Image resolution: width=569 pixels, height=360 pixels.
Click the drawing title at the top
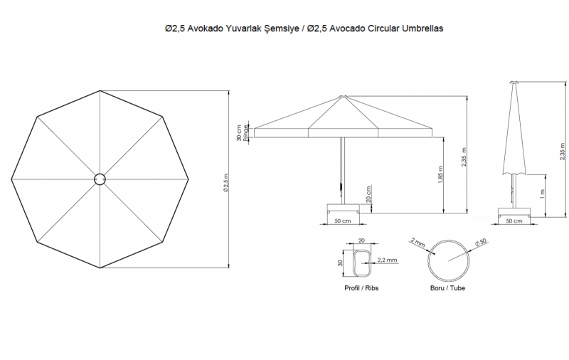click(x=304, y=28)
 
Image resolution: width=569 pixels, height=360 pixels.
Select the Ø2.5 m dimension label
click(x=226, y=183)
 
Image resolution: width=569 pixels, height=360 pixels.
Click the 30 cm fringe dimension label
click(x=243, y=133)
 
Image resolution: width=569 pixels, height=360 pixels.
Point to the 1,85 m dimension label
click(x=440, y=175)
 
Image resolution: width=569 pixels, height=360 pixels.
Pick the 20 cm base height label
click(x=368, y=194)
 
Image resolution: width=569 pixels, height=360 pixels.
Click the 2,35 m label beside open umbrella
click(x=464, y=157)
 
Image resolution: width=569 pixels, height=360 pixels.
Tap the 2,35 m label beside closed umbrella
click(x=562, y=152)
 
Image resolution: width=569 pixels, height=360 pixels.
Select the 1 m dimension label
click(x=542, y=194)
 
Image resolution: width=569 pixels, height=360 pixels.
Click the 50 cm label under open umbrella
click(x=343, y=221)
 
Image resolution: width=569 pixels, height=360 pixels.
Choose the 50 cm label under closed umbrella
click(x=514, y=221)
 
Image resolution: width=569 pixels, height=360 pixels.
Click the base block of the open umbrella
click(x=343, y=208)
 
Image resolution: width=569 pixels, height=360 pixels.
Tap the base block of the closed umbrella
click(x=514, y=213)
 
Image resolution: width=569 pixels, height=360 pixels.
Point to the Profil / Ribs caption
click(x=361, y=287)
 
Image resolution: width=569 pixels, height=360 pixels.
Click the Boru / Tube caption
click(x=447, y=287)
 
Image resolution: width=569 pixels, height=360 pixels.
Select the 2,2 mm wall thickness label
click(x=387, y=260)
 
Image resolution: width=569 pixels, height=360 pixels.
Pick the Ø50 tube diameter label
click(x=481, y=243)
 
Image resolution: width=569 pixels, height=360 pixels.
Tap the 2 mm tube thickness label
click(x=418, y=242)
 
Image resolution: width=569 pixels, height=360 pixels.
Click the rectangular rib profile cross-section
click(x=362, y=263)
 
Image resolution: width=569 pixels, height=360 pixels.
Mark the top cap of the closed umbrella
click(x=514, y=83)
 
